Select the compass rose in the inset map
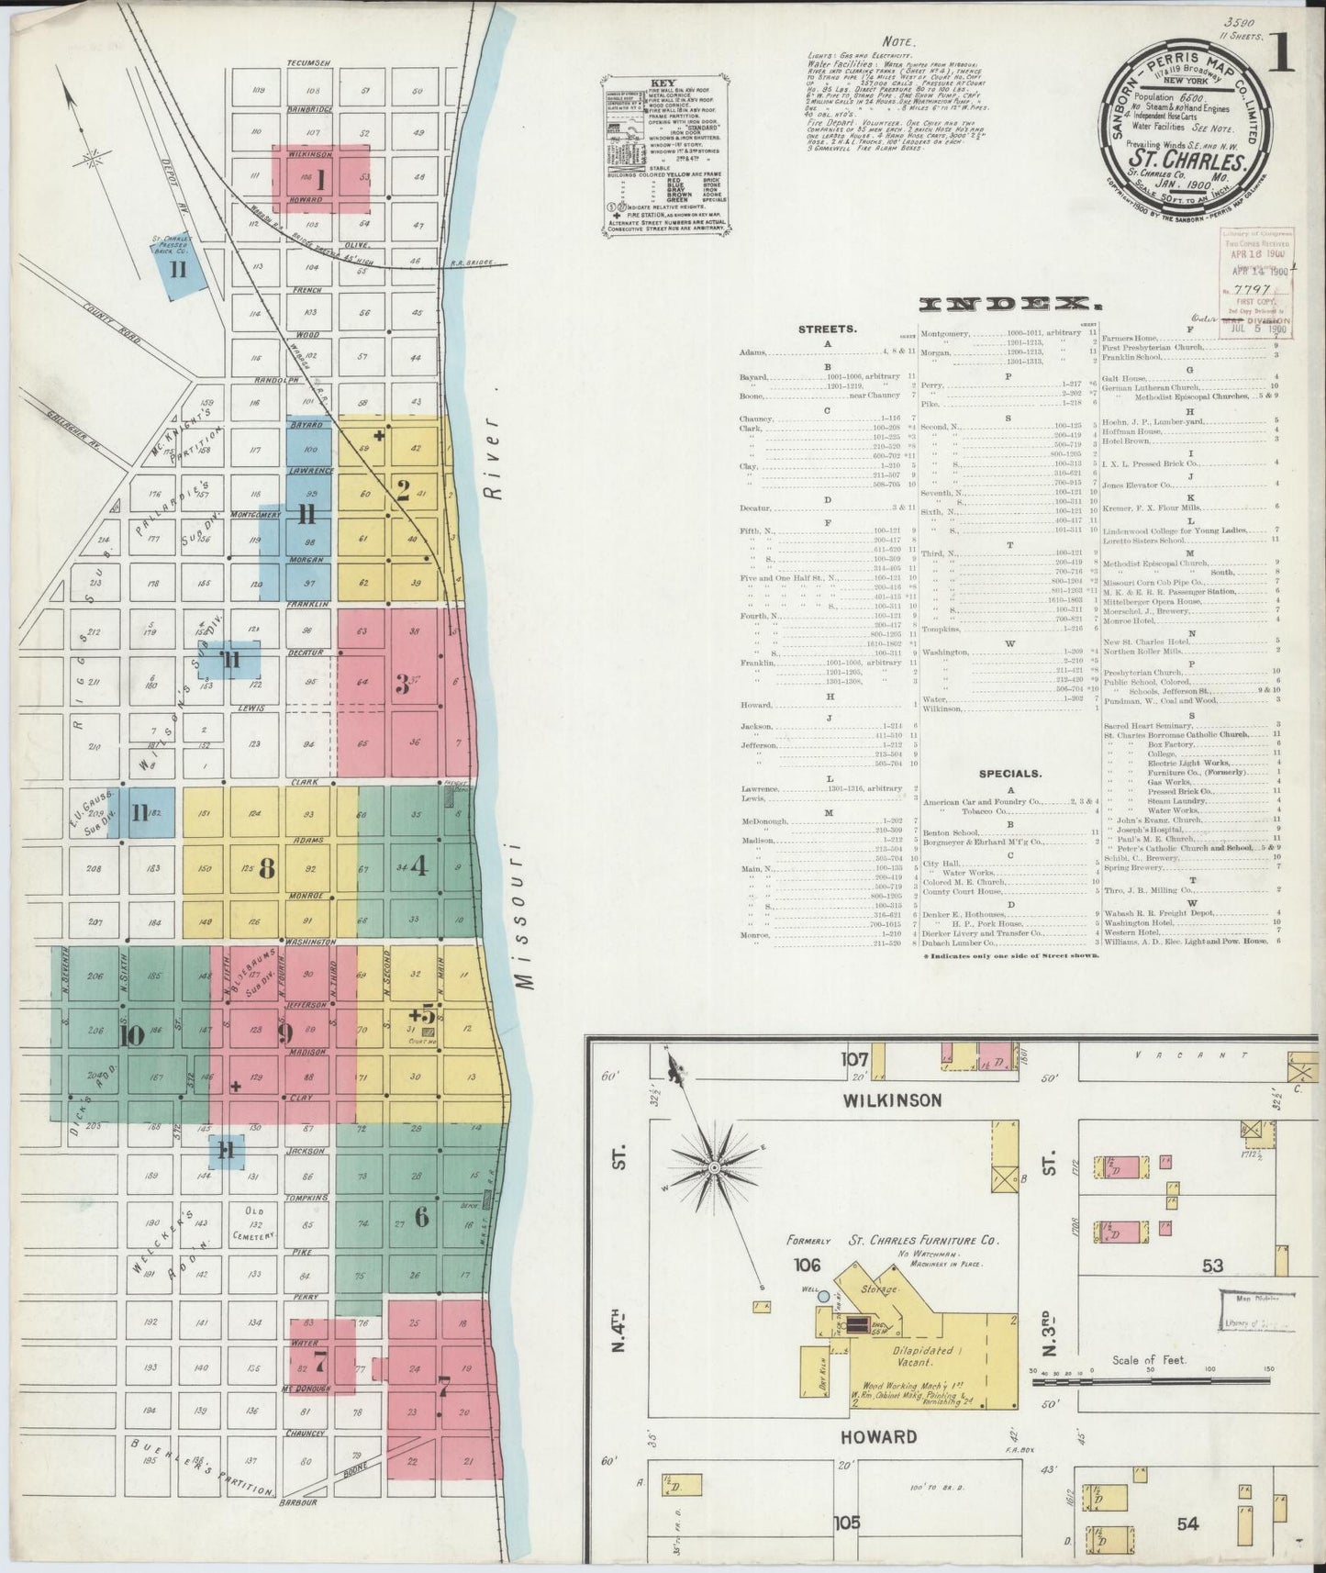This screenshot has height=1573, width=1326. [713, 1166]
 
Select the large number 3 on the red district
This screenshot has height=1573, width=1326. [401, 685]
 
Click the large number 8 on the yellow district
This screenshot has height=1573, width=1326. [267, 869]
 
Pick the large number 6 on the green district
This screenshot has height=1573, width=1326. [421, 1217]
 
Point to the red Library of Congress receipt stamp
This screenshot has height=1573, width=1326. [1255, 283]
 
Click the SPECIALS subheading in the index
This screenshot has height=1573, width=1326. [1008, 773]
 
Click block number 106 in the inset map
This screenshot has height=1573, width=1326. [808, 1266]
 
